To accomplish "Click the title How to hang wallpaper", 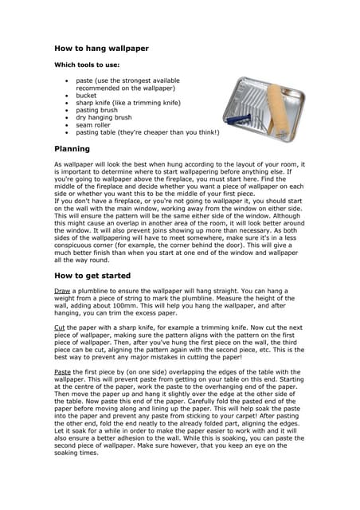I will click(x=101, y=49).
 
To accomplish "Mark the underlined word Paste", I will click(x=62, y=371).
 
